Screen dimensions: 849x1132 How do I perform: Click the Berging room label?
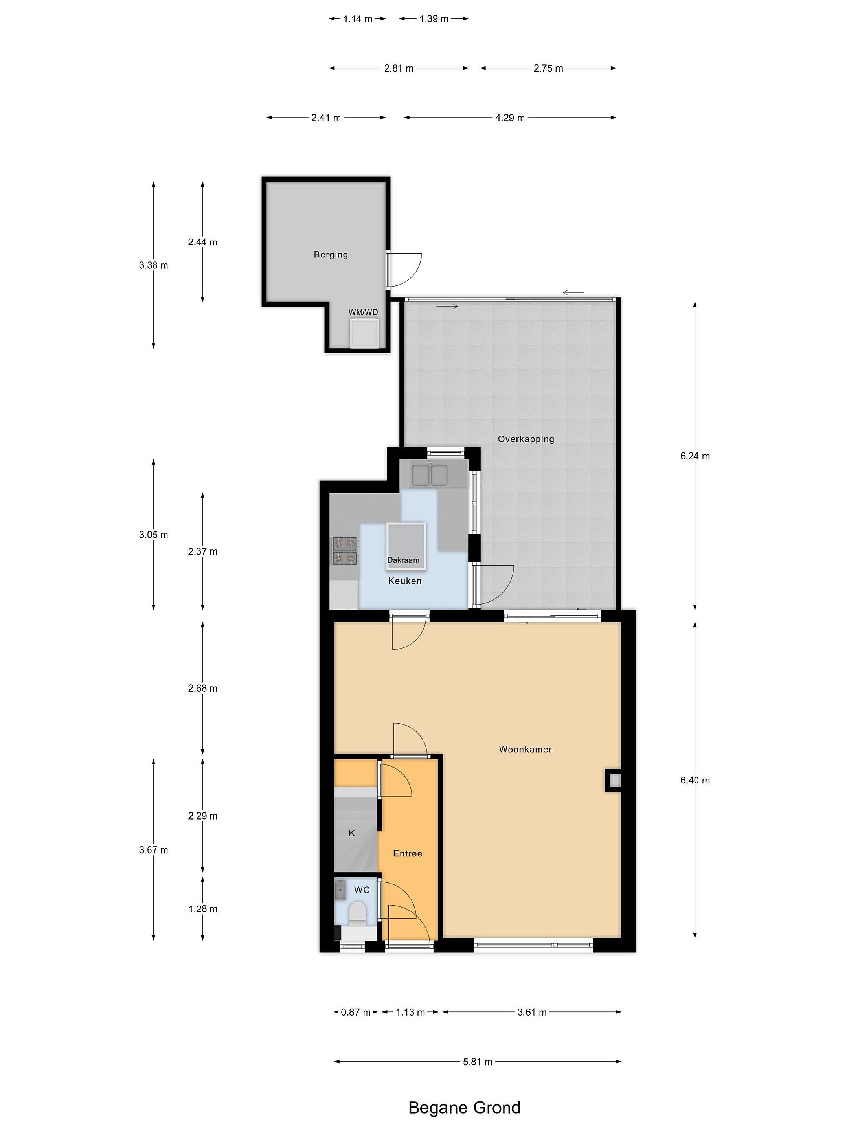(x=331, y=254)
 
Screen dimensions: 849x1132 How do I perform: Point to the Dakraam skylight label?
(x=403, y=560)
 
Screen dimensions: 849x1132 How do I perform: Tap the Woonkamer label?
(x=525, y=749)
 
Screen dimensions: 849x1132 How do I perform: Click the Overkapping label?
(x=526, y=439)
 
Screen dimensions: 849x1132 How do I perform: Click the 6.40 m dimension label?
(x=695, y=781)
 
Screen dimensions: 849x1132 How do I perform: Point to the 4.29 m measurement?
(x=510, y=118)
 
